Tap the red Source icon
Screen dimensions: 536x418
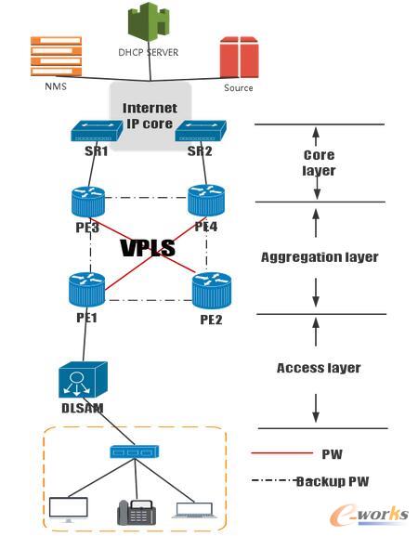pyautogui.click(x=239, y=58)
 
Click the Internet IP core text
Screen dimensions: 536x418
pyautogui.click(x=150, y=115)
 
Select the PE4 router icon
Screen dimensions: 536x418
pyautogui.click(x=206, y=200)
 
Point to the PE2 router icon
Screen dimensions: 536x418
pyautogui.click(x=212, y=291)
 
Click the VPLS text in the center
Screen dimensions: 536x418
pyautogui.click(x=149, y=248)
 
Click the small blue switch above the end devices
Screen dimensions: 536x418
pyautogui.click(x=132, y=452)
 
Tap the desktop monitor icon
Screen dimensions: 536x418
pyautogui.click(x=70, y=508)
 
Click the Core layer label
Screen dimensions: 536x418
pyautogui.click(x=319, y=163)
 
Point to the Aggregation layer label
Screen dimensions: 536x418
pyautogui.click(x=319, y=256)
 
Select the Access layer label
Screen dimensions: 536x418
pyautogui.click(x=318, y=368)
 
